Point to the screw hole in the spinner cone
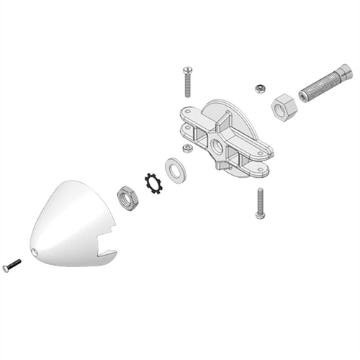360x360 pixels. click(x=36, y=252)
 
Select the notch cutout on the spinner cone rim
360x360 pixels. click(x=108, y=251)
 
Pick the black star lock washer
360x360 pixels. click(x=153, y=182)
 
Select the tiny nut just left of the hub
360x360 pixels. click(x=187, y=148)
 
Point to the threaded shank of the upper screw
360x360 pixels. click(x=187, y=86)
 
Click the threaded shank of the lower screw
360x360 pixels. click(x=259, y=198)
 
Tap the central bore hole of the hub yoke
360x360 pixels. click(x=217, y=147)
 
